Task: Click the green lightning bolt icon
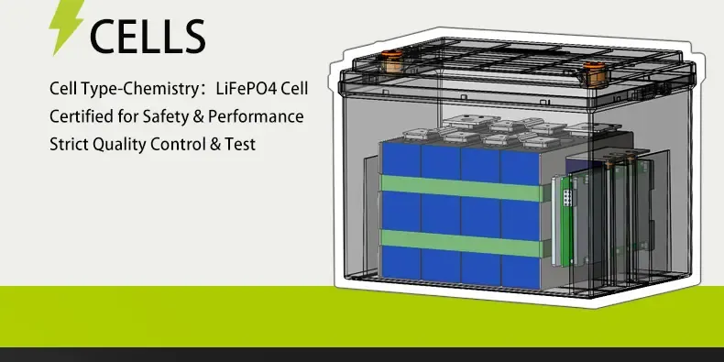coord(66,27)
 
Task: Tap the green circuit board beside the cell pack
coord(561,220)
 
